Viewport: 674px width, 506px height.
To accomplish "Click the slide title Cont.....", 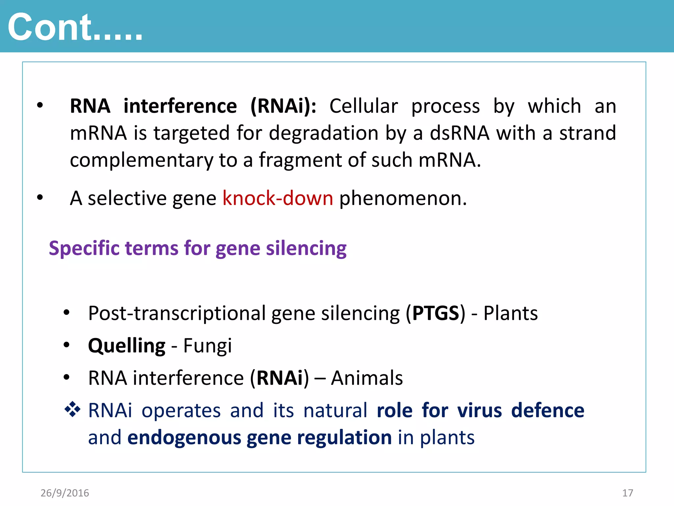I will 75,28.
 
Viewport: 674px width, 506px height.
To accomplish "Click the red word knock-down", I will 278,199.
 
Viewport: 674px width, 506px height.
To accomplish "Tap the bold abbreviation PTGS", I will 436,313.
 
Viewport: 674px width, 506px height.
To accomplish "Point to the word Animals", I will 367,378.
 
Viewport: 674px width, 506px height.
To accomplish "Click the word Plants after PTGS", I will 510,313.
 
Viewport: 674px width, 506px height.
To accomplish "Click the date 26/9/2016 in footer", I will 65,493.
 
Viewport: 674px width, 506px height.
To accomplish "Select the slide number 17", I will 628,493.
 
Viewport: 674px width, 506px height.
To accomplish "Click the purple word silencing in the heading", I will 306,248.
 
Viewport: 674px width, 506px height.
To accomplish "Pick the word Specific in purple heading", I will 84,248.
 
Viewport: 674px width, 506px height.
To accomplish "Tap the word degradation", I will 324,133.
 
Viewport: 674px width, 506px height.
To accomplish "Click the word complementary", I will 142,160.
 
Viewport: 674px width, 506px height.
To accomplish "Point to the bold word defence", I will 548,411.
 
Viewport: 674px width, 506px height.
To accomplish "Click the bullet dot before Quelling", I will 67,345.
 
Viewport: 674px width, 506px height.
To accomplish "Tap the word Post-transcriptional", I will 177,313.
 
